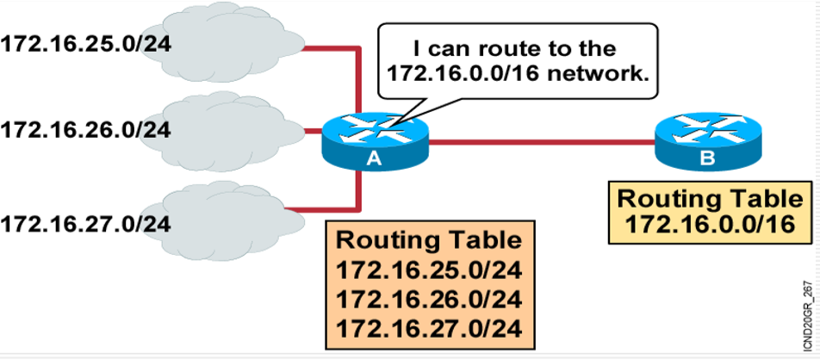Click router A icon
(x=376, y=138)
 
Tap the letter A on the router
(x=373, y=158)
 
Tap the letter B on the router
(x=707, y=158)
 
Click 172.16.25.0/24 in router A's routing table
(x=429, y=272)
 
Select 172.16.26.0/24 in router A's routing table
(x=429, y=301)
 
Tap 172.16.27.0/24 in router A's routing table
(x=429, y=329)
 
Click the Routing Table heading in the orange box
(x=429, y=240)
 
